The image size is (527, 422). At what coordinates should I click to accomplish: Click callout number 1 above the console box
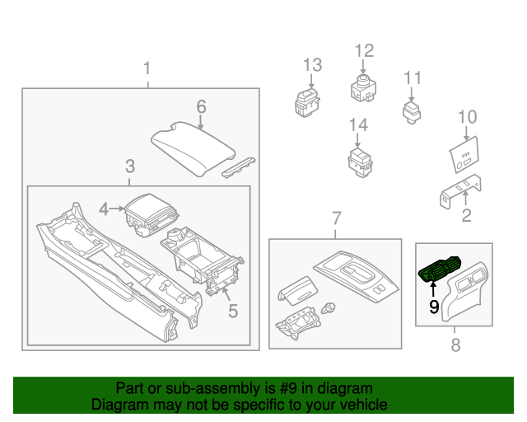[147, 68]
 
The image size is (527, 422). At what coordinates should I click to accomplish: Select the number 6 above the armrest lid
[201, 106]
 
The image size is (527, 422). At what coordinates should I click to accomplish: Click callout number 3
[130, 166]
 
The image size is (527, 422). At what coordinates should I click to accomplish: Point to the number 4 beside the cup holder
[104, 209]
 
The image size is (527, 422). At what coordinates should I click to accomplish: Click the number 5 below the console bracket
[233, 311]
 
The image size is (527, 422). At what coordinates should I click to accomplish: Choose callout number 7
[336, 218]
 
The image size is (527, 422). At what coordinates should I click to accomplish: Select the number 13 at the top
[312, 64]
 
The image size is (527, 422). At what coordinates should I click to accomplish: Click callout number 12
[364, 51]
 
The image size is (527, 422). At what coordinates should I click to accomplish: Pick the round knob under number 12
[364, 85]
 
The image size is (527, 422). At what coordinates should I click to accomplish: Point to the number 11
[412, 78]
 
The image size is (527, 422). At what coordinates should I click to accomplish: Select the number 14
[357, 124]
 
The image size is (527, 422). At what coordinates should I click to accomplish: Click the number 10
[467, 116]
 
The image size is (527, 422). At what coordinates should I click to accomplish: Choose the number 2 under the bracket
[467, 216]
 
